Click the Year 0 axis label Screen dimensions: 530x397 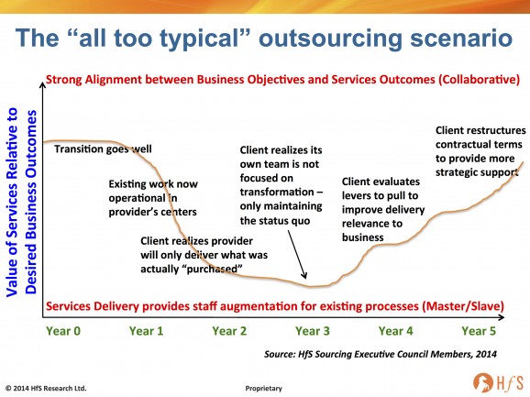pyautogui.click(x=63, y=331)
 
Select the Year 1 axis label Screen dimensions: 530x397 pyautogui.click(x=146, y=331)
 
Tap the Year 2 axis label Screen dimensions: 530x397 pyautogui.click(x=229, y=331)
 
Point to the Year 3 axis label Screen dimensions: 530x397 pyautogui.click(x=313, y=331)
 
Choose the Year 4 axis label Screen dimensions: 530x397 pyautogui.click(x=395, y=331)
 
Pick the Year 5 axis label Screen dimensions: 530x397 pyautogui.click(x=479, y=331)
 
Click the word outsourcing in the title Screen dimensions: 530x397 pyautogui.click(x=330, y=39)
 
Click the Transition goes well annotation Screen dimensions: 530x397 pyautogui.click(x=103, y=149)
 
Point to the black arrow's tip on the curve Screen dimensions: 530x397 pyautogui.click(x=305, y=278)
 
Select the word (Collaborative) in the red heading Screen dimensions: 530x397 pyautogui.click(x=479, y=80)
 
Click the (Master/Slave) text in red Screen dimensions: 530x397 pyautogui.click(x=463, y=306)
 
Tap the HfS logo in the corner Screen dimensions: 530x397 pyautogui.click(x=498, y=382)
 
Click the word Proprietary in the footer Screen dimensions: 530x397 pyautogui.click(x=264, y=389)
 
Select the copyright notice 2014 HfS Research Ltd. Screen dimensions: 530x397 pyautogui.click(x=46, y=388)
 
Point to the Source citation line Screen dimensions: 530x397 pyautogui.click(x=381, y=354)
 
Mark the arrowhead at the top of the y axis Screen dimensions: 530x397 pyautogui.click(x=42, y=84)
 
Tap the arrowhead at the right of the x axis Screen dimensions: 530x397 pyautogui.click(x=502, y=317)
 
